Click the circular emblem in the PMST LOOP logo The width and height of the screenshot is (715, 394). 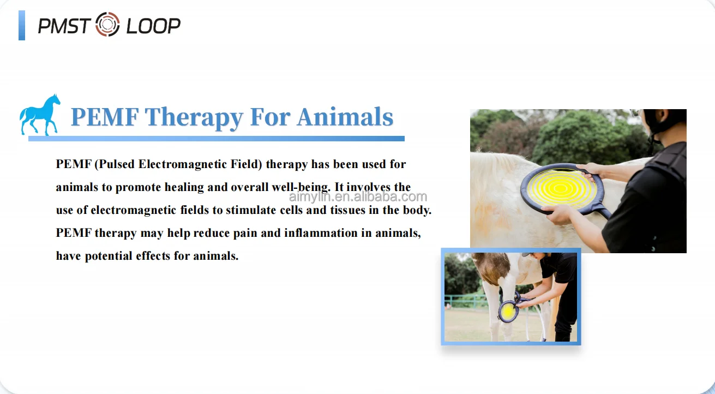pyautogui.click(x=107, y=25)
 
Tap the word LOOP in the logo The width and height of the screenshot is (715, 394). pyautogui.click(x=153, y=26)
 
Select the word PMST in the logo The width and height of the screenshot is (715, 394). pyautogui.click(x=63, y=26)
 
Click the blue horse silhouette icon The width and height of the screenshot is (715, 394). pyautogui.click(x=40, y=115)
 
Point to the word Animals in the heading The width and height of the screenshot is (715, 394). pyautogui.click(x=345, y=117)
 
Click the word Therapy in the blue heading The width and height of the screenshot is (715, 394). pyautogui.click(x=194, y=117)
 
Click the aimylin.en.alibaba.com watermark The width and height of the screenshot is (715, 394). pyautogui.click(x=357, y=197)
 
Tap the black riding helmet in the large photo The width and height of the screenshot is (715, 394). pyautogui.click(x=662, y=123)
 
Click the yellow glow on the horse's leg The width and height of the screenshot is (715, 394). pyautogui.click(x=508, y=312)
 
